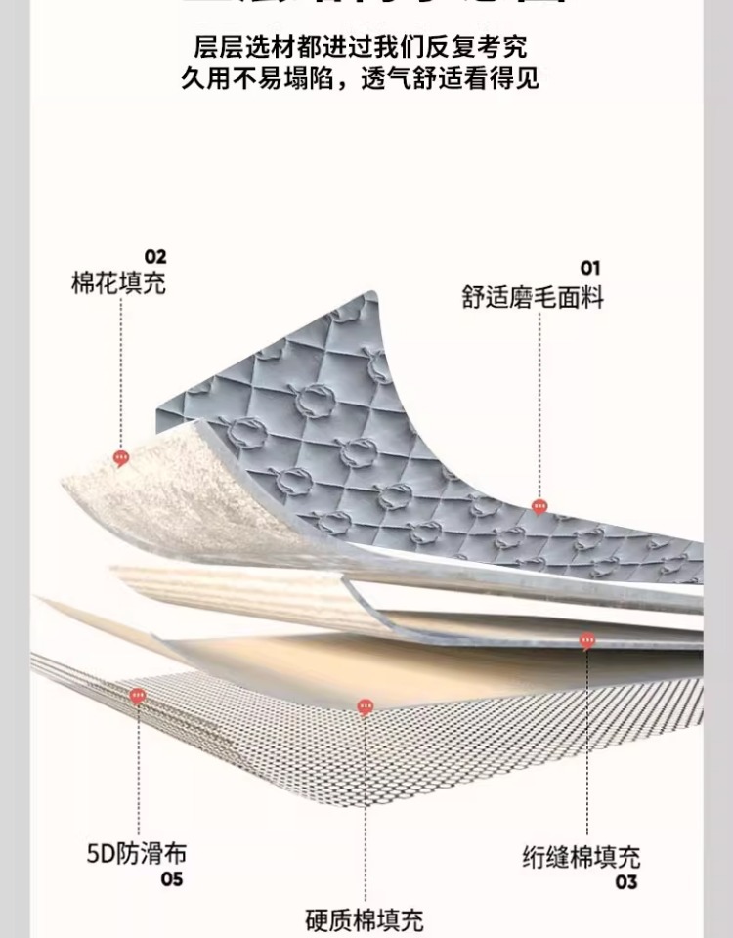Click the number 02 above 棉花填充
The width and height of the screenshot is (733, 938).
tap(155, 257)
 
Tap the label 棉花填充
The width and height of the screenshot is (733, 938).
tap(118, 283)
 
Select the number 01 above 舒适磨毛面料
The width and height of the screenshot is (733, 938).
tap(590, 268)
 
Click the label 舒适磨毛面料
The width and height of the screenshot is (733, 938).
tap(533, 297)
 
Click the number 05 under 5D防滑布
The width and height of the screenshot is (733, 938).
tap(172, 879)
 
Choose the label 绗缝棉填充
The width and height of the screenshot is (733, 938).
tap(581, 857)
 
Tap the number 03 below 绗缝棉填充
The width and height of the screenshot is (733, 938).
tap(626, 882)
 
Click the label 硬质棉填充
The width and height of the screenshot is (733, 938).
tap(364, 919)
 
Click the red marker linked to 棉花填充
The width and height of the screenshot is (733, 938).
tap(121, 457)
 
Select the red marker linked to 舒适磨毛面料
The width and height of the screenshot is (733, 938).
tap(539, 506)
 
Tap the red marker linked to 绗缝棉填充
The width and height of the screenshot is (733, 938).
tap(587, 641)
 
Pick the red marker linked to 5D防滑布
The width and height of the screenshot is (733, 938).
tap(138, 697)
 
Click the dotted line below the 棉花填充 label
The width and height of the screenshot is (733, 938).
tap(121, 371)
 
